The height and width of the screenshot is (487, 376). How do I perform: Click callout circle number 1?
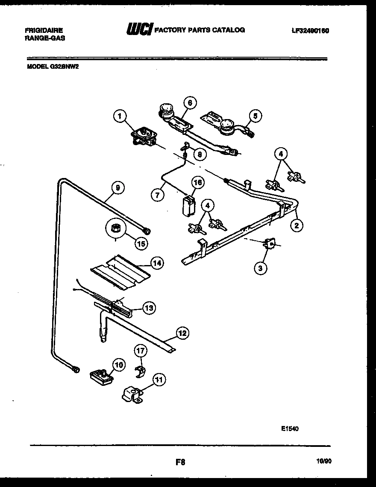pyautogui.click(x=121, y=115)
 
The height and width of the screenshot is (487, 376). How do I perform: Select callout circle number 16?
pyautogui.click(x=197, y=183)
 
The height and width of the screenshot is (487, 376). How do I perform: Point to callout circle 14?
pyautogui.click(x=156, y=263)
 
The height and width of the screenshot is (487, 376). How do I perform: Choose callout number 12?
pyautogui.click(x=182, y=333)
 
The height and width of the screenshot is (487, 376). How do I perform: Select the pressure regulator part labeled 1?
pyautogui.click(x=144, y=137)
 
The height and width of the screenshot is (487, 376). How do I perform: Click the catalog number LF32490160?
pyautogui.click(x=310, y=31)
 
